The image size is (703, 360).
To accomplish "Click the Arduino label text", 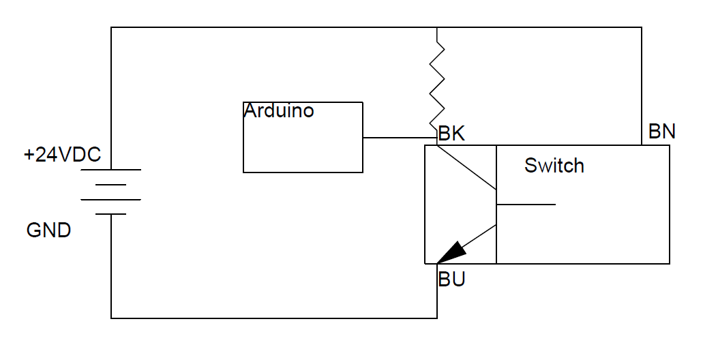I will tap(279, 111).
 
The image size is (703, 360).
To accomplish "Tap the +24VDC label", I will tap(62, 155).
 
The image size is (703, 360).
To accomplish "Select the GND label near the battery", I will tap(48, 230).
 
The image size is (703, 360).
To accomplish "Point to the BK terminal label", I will tap(451, 134).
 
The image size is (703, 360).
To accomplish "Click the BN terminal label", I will tap(661, 132).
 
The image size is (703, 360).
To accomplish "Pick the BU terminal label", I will tap(451, 280).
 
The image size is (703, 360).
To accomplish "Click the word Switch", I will tap(554, 166).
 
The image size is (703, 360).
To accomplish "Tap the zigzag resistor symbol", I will tap(437, 85).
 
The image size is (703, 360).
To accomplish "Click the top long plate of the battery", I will tap(110, 169).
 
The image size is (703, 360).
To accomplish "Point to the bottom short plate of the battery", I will tap(110, 214).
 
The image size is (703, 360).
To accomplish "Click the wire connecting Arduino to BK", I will tap(399, 138).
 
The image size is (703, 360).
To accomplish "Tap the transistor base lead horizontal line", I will tap(526, 204).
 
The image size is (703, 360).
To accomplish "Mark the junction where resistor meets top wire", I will tap(437, 28).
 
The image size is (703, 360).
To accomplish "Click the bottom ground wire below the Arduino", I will tap(273, 318).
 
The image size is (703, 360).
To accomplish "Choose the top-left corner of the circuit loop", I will tap(111, 28).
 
